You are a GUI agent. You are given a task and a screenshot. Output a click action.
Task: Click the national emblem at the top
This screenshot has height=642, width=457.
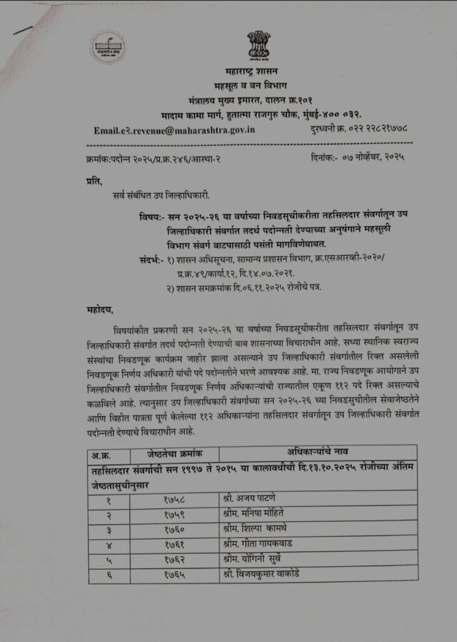258,45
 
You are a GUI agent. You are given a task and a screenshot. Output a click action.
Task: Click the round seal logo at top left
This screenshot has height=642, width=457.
108,48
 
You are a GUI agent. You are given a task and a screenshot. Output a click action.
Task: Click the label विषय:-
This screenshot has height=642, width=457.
151,216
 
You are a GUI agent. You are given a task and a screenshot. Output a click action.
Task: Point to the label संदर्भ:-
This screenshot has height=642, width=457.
151,259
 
